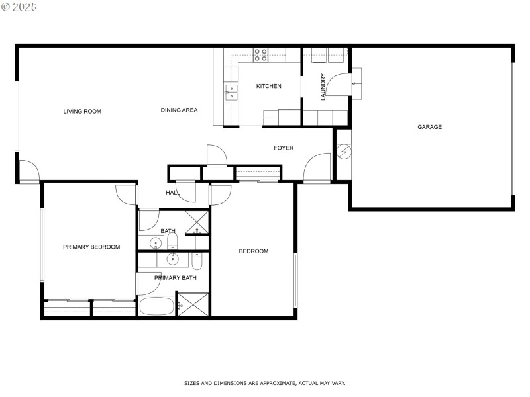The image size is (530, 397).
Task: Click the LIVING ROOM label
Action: (x=82, y=112)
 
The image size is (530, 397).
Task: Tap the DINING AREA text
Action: (x=179, y=110)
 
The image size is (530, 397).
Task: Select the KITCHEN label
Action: (x=269, y=86)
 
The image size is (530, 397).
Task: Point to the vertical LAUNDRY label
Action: (x=323, y=86)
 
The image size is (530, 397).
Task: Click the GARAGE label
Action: (x=429, y=127)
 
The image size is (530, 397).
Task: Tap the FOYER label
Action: (x=284, y=148)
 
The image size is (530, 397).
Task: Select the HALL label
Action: (x=173, y=193)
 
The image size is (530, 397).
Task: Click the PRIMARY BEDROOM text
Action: (x=91, y=247)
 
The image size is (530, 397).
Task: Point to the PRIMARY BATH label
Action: (x=176, y=278)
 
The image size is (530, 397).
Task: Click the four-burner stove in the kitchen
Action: (x=260, y=55)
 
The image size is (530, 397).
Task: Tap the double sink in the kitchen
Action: (x=231, y=92)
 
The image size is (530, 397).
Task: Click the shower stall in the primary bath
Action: (x=193, y=305)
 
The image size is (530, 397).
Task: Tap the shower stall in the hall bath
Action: (x=196, y=222)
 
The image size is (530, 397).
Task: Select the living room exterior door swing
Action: (x=29, y=171)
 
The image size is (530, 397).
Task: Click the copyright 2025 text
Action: (x=19, y=7)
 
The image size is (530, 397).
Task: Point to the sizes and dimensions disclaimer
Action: (x=264, y=383)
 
